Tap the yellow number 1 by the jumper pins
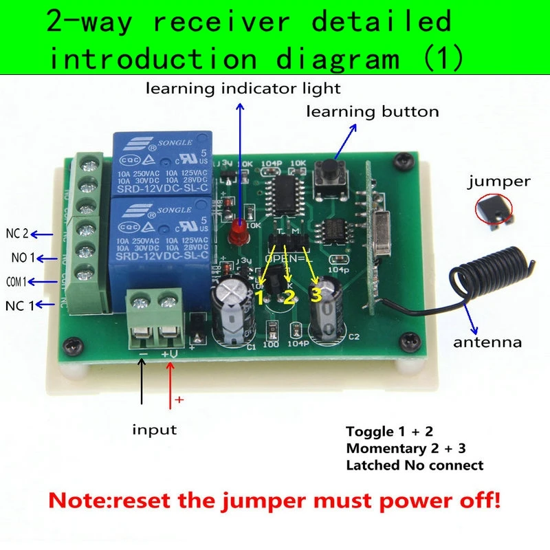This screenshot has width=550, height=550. point(260,296)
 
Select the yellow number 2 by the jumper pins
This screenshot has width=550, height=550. point(289,297)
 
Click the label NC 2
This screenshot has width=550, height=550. point(16,234)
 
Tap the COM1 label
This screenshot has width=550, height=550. point(16,282)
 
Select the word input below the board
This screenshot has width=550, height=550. point(154,430)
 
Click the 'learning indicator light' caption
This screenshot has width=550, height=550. point(243,88)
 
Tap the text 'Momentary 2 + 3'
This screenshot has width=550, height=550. point(406,449)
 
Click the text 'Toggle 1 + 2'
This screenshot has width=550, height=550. point(390,432)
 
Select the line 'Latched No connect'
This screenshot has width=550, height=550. point(415,465)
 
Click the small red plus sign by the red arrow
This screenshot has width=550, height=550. point(181,399)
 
